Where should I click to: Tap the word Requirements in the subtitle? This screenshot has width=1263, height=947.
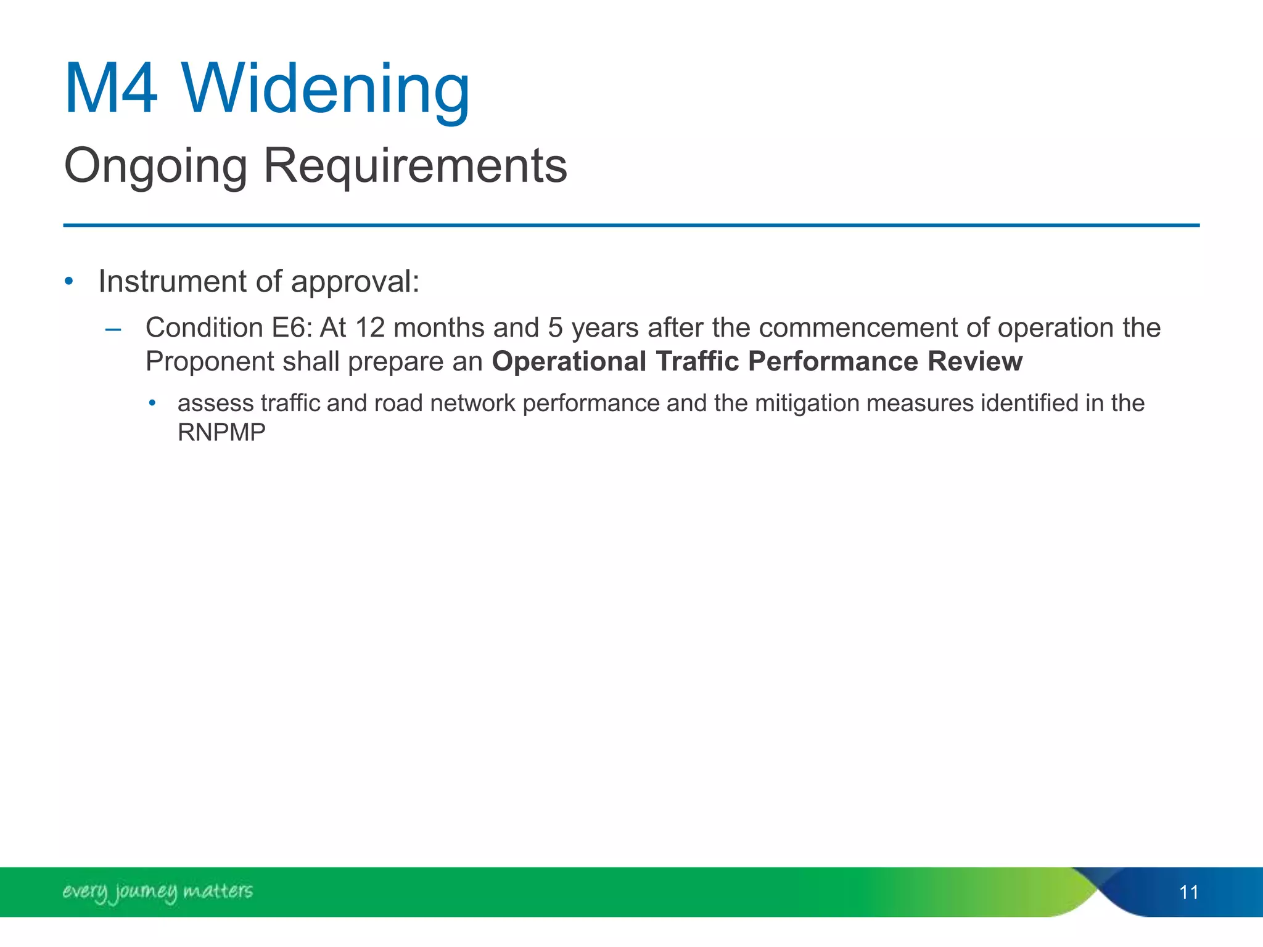415,166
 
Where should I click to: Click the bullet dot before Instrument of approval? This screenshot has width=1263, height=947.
69,282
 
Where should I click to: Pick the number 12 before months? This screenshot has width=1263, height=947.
370,328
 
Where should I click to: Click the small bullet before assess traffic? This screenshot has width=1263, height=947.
152,404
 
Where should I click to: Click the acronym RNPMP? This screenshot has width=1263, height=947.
221,433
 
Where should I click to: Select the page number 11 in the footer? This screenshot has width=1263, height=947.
1188,892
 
